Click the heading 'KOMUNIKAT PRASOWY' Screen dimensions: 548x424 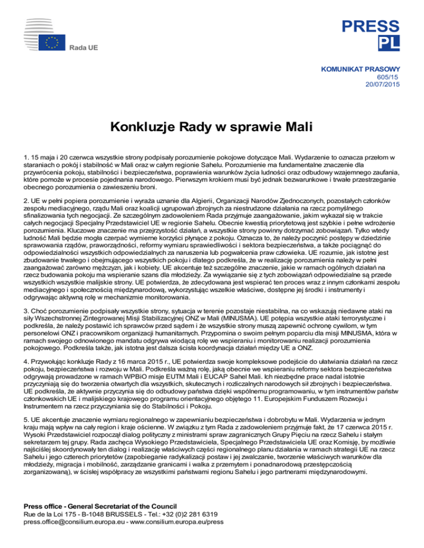pyautogui.click(x=359, y=70)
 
